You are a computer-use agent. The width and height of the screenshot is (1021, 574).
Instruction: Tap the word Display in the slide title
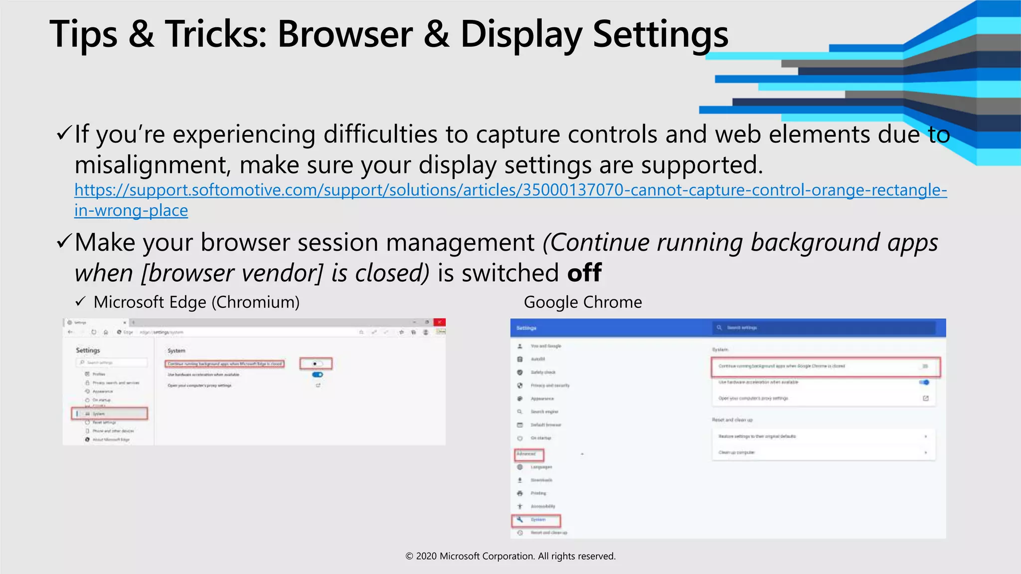521,35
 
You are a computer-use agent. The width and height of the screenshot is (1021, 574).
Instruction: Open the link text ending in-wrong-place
131,210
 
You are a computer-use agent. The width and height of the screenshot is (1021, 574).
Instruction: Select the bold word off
584,273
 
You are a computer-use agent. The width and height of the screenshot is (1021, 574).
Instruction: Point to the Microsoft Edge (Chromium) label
196,302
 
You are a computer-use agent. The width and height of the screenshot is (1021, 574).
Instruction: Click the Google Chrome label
583,302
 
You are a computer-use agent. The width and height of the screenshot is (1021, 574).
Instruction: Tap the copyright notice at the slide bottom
510,556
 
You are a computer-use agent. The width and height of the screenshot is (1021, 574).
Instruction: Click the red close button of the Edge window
439,322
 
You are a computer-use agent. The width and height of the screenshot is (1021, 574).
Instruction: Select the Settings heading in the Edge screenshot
88,350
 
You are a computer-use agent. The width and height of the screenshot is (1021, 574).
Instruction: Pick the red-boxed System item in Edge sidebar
110,414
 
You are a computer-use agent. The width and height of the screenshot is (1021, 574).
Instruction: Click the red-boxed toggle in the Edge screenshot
316,364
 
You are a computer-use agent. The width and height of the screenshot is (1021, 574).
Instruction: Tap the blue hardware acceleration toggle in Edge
318,375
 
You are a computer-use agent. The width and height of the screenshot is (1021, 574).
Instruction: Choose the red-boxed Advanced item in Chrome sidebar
528,454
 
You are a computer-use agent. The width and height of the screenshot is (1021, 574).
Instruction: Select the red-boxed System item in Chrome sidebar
536,520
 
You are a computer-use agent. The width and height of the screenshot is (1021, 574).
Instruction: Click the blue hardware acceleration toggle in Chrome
924,382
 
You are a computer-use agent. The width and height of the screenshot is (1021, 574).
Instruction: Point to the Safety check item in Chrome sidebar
542,372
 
